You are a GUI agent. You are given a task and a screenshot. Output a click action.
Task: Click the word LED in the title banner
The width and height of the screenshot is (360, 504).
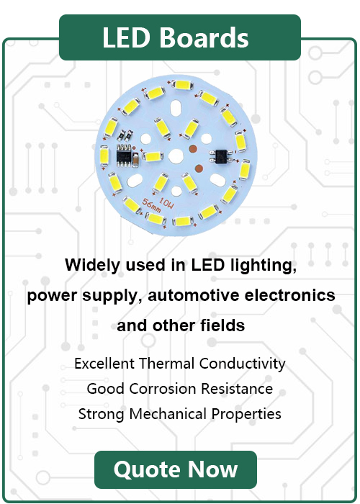pyautogui.click(x=126, y=37)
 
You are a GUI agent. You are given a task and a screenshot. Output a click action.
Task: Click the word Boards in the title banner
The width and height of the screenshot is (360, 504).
pyautogui.click(x=204, y=37)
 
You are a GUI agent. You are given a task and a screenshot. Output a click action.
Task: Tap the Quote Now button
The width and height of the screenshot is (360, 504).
pyautogui.click(x=176, y=469)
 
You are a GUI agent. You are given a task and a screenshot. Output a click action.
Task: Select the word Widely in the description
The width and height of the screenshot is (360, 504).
pyautogui.click(x=92, y=266)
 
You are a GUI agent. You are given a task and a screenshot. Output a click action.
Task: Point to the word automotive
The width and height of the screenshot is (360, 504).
pyautogui.click(x=194, y=295)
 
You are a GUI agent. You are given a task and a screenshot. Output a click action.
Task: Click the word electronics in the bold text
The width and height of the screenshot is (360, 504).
pyautogui.click(x=290, y=294)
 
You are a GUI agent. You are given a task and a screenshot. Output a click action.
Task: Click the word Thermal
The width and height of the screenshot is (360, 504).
pyautogui.click(x=167, y=364)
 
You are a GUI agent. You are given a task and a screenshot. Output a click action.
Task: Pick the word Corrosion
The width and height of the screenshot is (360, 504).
pyautogui.click(x=163, y=389)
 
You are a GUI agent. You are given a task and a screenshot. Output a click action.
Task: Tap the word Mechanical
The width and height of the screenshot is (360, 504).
pyautogui.click(x=168, y=414)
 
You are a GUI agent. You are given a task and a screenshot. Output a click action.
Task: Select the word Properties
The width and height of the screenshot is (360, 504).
pyautogui.click(x=246, y=414)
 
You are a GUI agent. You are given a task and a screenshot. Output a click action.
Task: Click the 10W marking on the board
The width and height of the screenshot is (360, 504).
pyautogui.click(x=166, y=203)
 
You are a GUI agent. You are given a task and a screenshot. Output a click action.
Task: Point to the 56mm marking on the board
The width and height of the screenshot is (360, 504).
pyautogui.click(x=151, y=206)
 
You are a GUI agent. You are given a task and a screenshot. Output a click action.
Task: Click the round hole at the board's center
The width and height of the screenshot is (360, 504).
pyautogui.click(x=176, y=156)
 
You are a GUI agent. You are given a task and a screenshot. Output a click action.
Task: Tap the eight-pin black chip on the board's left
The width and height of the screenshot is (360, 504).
pyautogui.click(x=124, y=156)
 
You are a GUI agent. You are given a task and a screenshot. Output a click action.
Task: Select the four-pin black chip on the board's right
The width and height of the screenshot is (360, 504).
pyautogui.click(x=221, y=156)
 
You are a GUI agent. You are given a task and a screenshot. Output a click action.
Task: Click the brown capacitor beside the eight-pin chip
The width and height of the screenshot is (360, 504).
pyautogui.click(x=135, y=160)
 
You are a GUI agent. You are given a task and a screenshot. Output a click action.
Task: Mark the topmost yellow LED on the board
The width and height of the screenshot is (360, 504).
pyautogui.click(x=182, y=85)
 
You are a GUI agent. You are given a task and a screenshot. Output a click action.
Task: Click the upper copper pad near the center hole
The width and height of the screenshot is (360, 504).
pyautogui.click(x=193, y=149)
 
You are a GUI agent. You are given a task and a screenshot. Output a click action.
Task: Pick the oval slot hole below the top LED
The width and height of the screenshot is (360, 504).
pyautogui.click(x=176, y=108)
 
